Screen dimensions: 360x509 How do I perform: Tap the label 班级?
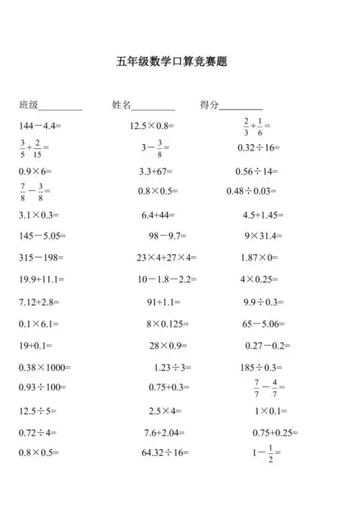(29, 105)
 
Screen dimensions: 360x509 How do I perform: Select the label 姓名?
(122, 105)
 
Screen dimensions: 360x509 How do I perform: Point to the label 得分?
(210, 105)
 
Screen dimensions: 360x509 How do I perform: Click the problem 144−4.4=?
(40, 126)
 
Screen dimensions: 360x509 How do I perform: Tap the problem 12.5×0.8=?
(153, 126)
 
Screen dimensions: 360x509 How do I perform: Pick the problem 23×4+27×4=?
(166, 257)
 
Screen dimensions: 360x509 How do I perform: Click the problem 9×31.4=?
(263, 235)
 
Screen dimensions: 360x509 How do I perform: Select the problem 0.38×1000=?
(45, 367)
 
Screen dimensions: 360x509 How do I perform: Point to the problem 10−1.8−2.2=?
(165, 279)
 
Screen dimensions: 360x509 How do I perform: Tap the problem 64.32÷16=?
(165, 453)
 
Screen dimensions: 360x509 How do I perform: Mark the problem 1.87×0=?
(261, 257)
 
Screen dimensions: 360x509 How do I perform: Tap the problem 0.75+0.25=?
(275, 433)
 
